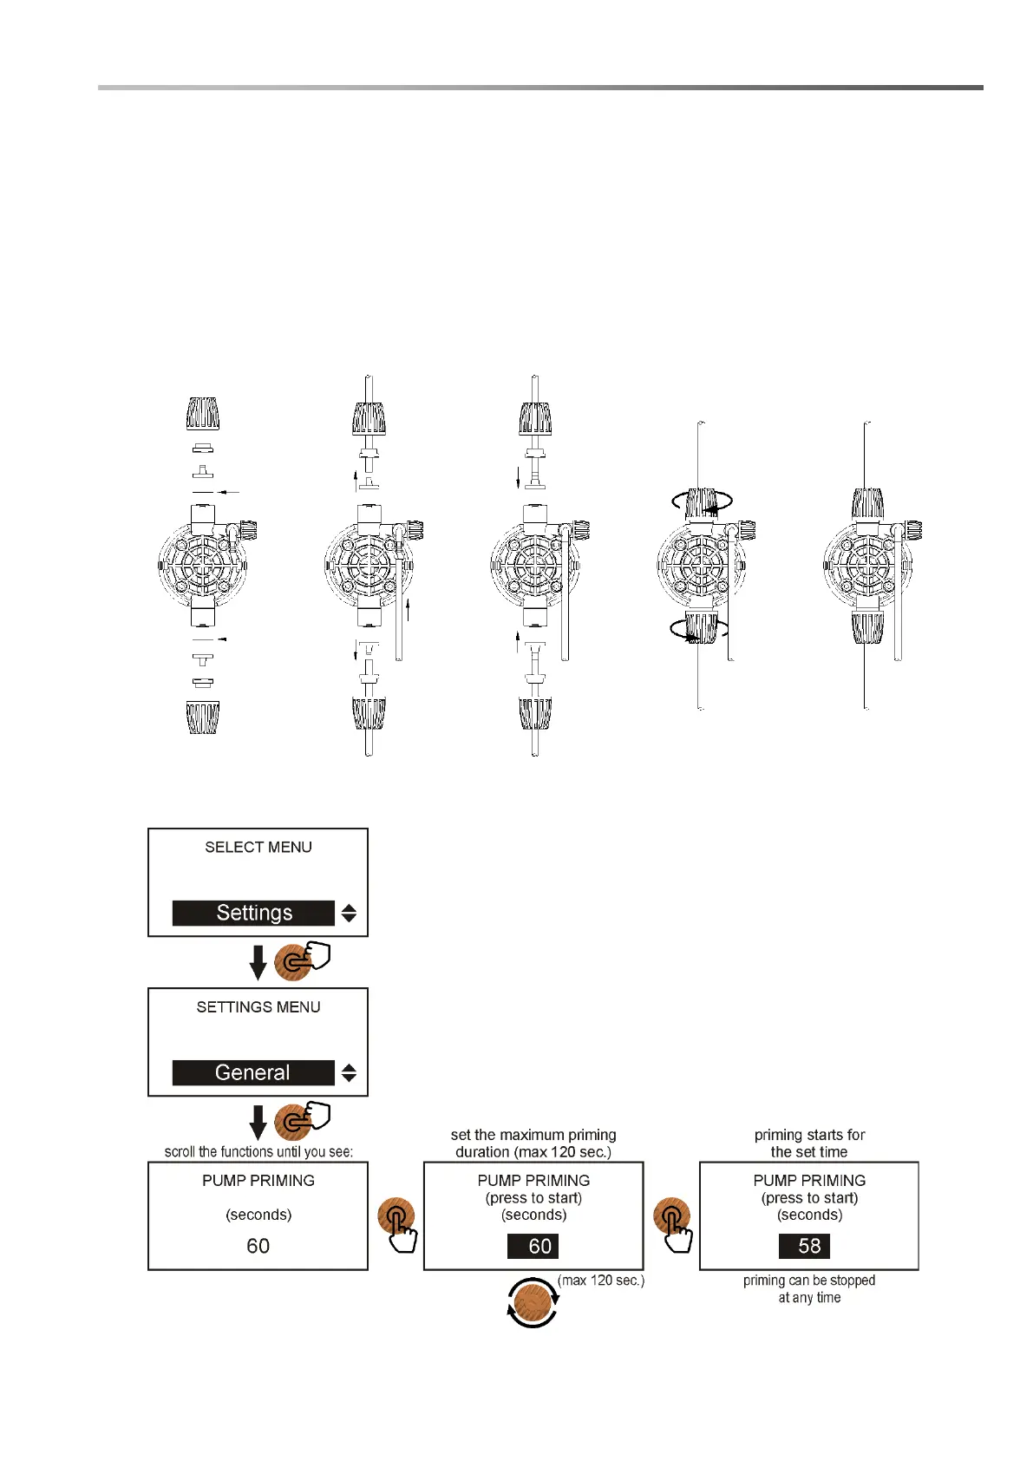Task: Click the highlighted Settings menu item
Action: click(x=253, y=913)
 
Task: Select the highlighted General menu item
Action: click(x=253, y=1072)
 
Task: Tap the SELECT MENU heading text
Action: click(x=258, y=847)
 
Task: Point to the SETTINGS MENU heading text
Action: click(x=258, y=1006)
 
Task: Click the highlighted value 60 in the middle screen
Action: click(x=533, y=1246)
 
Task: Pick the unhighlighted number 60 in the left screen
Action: click(x=258, y=1246)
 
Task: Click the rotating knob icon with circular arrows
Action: click(x=533, y=1301)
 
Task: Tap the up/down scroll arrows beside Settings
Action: click(x=349, y=913)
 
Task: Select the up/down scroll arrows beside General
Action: click(x=349, y=1072)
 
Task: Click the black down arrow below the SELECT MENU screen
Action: click(x=258, y=962)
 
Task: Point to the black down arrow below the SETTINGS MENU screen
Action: click(x=258, y=1122)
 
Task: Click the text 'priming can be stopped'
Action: click(x=808, y=1281)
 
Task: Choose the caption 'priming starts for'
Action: click(x=809, y=1135)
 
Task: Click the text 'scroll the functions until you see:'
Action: click(x=258, y=1152)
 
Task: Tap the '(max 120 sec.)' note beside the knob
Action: click(x=601, y=1281)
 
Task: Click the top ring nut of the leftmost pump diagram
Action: click(x=203, y=414)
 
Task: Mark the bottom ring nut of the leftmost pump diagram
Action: click(x=203, y=717)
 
